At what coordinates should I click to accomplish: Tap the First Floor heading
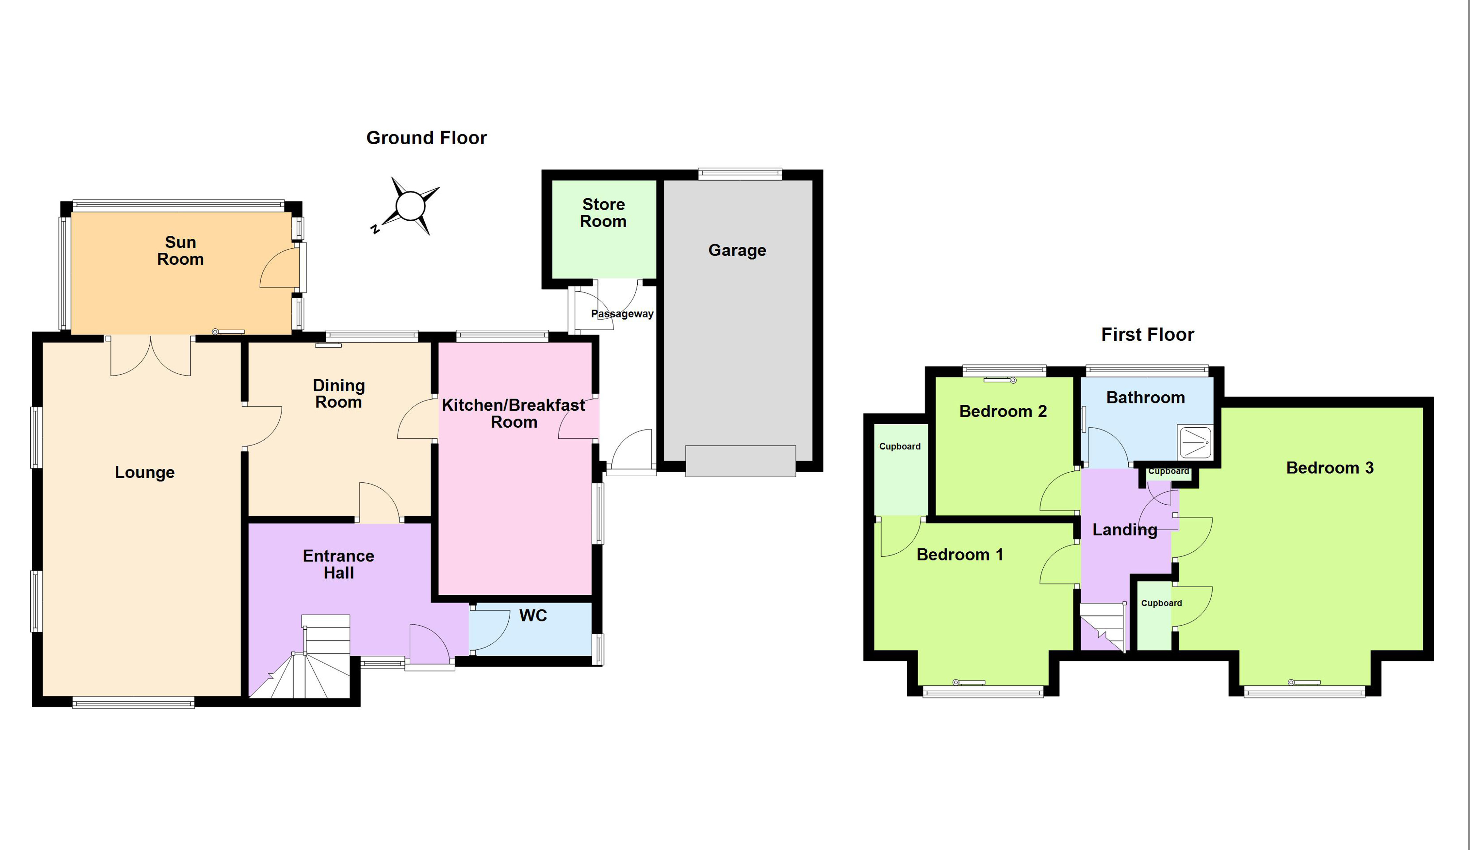[1147, 335]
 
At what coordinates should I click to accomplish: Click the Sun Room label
[180, 251]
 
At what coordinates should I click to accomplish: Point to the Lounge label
[145, 472]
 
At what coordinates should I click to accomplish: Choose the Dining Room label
[338, 394]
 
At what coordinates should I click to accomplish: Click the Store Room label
[603, 213]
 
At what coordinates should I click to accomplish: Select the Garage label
[737, 250]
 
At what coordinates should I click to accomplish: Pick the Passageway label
[622, 314]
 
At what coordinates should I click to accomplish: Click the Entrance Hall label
[338, 564]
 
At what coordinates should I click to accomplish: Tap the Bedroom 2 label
[1003, 412]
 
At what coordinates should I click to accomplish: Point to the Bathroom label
[1145, 398]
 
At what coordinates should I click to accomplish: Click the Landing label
[1124, 530]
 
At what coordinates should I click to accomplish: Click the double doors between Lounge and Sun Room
[151, 355]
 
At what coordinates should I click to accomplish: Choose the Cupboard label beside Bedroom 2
[900, 447]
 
